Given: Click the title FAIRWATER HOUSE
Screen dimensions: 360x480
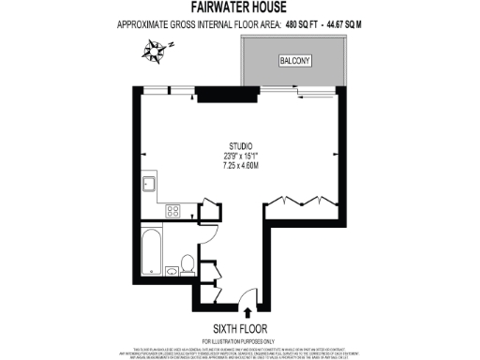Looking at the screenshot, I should [x=240, y=7].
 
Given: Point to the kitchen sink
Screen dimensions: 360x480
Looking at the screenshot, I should [x=148, y=184].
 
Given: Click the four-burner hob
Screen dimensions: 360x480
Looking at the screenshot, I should [x=172, y=211].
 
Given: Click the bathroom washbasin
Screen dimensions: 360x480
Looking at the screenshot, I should [x=173, y=272].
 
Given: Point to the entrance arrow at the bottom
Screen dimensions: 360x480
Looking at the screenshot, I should [x=247, y=313].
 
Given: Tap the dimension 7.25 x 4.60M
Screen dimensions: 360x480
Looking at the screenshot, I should [x=241, y=165].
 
